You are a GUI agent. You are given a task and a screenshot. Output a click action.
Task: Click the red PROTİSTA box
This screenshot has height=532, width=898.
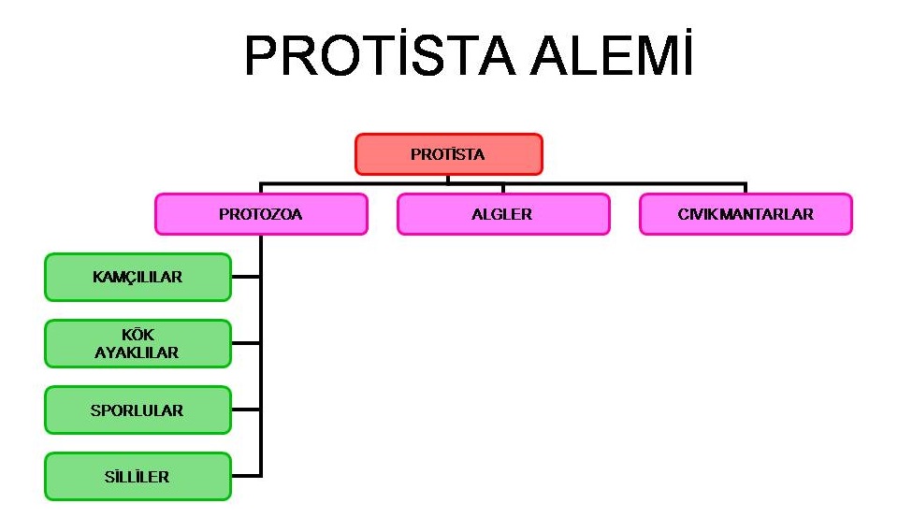pyautogui.click(x=448, y=154)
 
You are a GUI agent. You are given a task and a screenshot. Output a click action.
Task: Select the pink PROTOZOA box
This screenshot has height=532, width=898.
pyautogui.click(x=261, y=214)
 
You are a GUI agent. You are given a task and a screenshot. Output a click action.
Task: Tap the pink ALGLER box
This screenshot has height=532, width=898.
pyautogui.click(x=503, y=214)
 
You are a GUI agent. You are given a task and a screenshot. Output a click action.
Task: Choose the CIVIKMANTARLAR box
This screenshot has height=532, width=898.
pyautogui.click(x=746, y=214)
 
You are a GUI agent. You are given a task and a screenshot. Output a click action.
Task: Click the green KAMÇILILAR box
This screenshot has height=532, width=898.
pyautogui.click(x=138, y=277)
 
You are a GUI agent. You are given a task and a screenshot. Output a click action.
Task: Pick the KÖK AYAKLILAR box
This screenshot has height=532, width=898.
pyautogui.click(x=138, y=343)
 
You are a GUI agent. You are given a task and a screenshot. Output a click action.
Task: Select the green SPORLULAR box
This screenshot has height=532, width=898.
pyautogui.click(x=138, y=410)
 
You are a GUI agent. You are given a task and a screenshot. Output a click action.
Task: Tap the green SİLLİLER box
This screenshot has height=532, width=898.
pyautogui.click(x=138, y=477)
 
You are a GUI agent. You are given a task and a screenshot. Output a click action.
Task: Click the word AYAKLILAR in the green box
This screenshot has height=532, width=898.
pyautogui.click(x=137, y=352)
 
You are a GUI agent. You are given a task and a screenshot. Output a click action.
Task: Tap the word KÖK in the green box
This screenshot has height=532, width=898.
pyautogui.click(x=138, y=335)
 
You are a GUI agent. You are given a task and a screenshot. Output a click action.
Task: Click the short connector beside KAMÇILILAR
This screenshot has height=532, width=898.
pyautogui.click(x=246, y=277)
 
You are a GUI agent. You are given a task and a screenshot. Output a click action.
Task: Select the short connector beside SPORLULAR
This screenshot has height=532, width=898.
pyautogui.click(x=246, y=410)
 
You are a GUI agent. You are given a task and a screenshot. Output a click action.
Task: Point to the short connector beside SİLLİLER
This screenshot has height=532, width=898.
pyautogui.click(x=246, y=476)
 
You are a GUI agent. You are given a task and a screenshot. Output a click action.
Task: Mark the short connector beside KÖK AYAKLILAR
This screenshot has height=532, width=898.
pyautogui.click(x=246, y=343)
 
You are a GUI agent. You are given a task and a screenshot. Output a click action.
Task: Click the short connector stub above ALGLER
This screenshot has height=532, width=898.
pyautogui.click(x=503, y=189)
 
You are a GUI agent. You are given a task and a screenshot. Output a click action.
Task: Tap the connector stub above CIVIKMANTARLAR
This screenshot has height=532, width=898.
pyautogui.click(x=746, y=189)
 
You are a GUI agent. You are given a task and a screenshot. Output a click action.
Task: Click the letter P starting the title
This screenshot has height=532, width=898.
pyautogui.click(x=260, y=55)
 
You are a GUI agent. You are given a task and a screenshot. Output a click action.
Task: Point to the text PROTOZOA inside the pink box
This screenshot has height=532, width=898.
pyautogui.click(x=261, y=214)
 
